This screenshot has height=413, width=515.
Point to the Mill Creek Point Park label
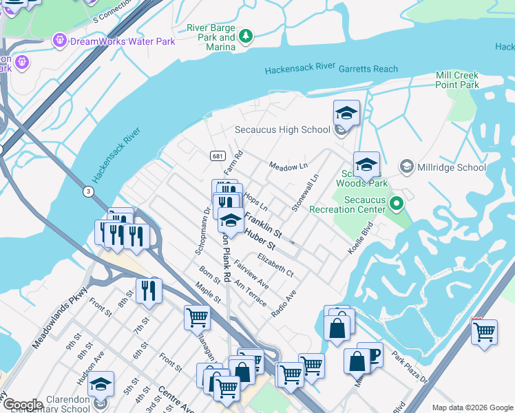coord(456,80)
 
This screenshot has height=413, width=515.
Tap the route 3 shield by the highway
coord(88,190)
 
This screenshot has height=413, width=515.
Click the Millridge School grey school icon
coord(407,167)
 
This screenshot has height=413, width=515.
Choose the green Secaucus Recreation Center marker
coord(396,204)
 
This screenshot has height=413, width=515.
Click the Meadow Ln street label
coord(288,167)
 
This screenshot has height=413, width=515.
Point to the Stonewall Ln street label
coord(306,192)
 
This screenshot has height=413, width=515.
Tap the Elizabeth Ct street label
coord(275,265)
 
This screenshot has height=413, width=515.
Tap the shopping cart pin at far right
coord(484,331)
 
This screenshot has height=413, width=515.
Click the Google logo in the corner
coord(22,405)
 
